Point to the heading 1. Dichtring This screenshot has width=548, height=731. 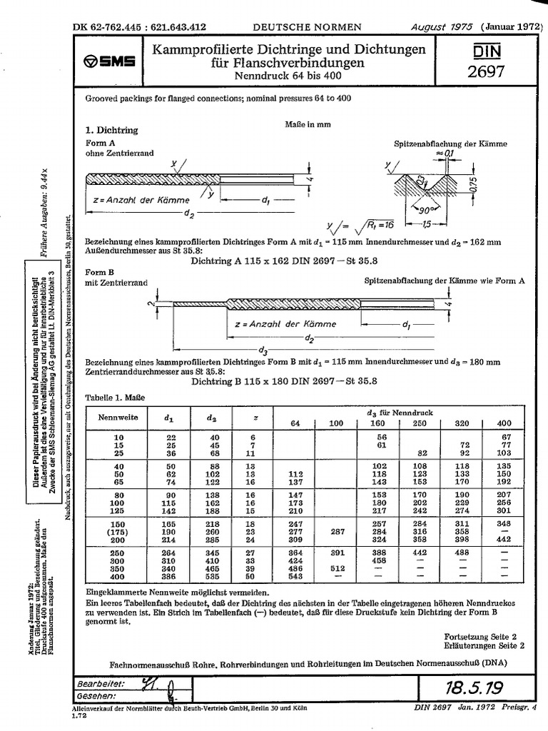tap(111, 131)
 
